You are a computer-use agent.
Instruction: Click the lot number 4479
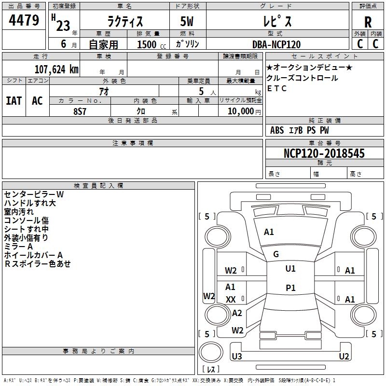(x=24, y=20)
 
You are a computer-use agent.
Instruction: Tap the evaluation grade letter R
(x=368, y=22)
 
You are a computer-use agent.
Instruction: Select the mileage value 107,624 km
(x=56, y=69)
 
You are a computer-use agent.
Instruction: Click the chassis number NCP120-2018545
(x=324, y=153)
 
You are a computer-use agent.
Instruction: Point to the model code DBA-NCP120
(x=276, y=44)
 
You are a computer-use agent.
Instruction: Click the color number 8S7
(x=80, y=111)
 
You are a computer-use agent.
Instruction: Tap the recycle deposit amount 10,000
(x=240, y=111)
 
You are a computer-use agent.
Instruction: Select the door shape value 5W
(x=187, y=21)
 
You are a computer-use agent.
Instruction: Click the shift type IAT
(x=14, y=101)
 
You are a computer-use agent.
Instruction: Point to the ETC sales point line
(x=276, y=88)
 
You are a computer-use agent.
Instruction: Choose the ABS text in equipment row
(x=277, y=130)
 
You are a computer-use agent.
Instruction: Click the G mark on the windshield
(x=276, y=254)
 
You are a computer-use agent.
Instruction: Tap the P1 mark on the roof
(x=290, y=288)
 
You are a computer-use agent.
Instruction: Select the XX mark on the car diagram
(x=231, y=299)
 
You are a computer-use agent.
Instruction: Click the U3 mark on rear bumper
(x=237, y=356)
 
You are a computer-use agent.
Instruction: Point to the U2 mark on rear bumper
(x=344, y=356)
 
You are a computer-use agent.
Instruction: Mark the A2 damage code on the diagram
(x=237, y=313)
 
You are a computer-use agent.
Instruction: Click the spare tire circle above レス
(x=211, y=352)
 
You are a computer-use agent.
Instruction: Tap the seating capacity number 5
(x=201, y=91)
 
